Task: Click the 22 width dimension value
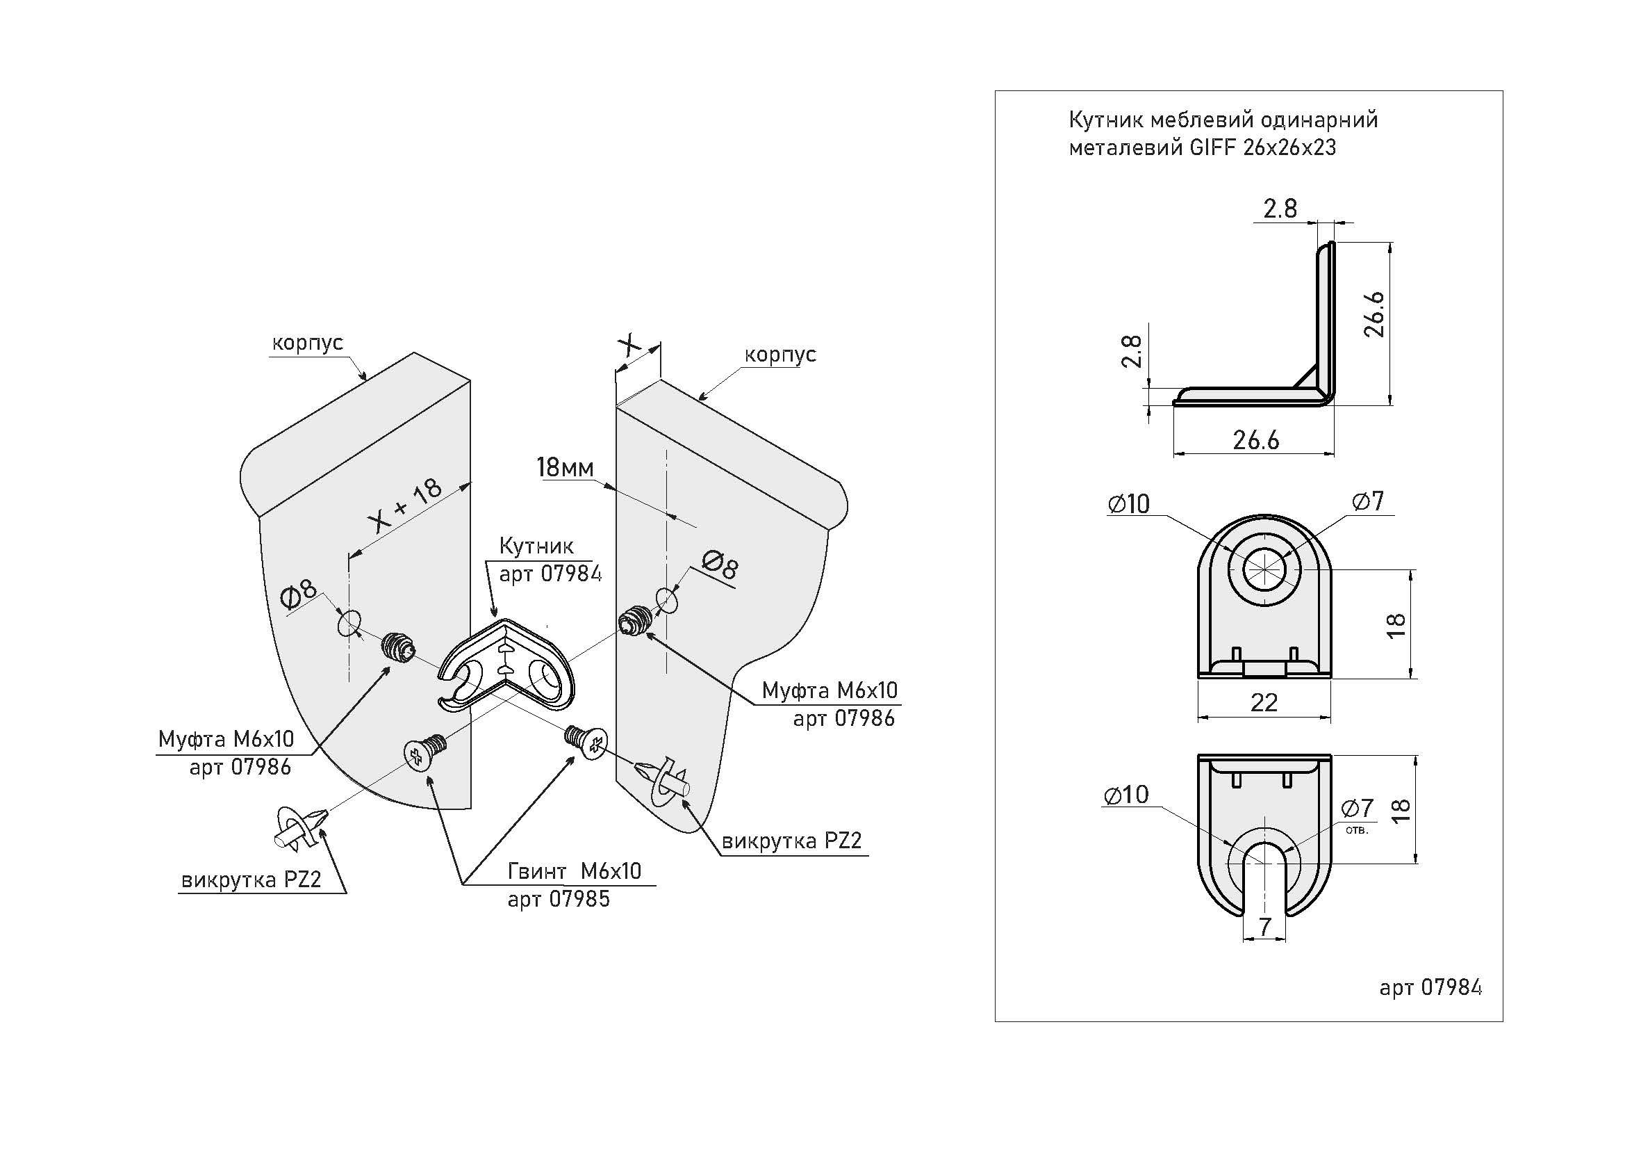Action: tap(1264, 702)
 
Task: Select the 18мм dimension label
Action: tap(565, 467)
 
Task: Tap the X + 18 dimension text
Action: tap(406, 504)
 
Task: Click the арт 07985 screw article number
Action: tap(559, 899)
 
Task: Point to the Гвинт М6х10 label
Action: tap(574, 871)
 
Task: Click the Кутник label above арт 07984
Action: tap(536, 546)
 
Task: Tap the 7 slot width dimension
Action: tap(1264, 927)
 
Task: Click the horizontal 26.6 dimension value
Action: tap(1255, 440)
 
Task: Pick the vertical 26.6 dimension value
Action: tap(1374, 314)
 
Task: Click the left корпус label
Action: tap(307, 343)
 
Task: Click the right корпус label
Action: tap(780, 354)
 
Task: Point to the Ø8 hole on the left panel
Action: tap(347, 624)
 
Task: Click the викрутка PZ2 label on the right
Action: tap(791, 841)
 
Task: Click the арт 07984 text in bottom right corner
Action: tap(1430, 987)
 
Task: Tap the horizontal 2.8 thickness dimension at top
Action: tap(1280, 208)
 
